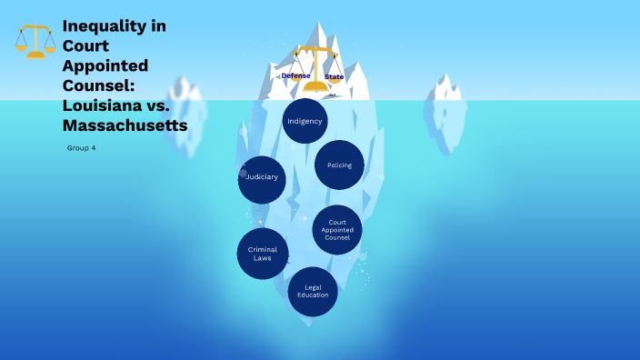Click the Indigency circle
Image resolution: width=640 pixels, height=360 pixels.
(305, 121)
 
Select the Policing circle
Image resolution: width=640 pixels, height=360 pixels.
(339, 165)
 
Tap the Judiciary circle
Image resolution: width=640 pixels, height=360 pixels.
(262, 177)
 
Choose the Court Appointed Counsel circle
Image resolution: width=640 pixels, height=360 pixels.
(337, 230)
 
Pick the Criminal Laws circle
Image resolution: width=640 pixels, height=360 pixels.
(263, 254)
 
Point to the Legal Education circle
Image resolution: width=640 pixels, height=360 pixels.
(314, 292)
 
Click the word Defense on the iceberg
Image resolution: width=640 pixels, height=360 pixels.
(295, 75)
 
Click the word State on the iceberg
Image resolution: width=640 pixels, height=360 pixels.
(334, 76)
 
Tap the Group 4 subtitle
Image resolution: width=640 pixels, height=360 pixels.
(81, 147)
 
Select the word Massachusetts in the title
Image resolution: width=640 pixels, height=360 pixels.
(125, 125)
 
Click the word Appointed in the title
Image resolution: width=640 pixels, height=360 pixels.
(105, 65)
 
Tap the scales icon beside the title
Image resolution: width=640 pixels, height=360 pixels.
(35, 42)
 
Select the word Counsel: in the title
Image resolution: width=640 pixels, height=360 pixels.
(97, 85)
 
